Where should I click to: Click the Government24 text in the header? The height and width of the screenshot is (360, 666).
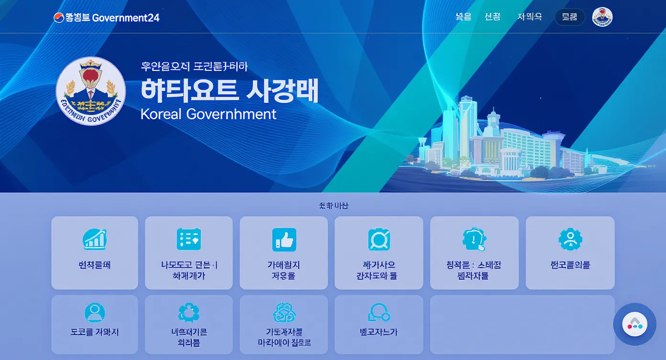[125, 18]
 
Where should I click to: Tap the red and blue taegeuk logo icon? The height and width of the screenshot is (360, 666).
[58, 18]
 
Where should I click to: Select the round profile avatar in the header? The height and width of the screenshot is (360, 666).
[602, 17]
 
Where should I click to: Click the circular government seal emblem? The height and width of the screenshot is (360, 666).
[90, 91]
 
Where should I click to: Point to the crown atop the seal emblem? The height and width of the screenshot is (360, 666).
[90, 64]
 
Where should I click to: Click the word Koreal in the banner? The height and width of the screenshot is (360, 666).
[161, 114]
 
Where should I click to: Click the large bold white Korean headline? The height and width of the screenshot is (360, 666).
[229, 90]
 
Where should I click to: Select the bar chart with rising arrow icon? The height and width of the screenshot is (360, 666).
[95, 239]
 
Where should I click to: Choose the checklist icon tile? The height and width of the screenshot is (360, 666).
[189, 239]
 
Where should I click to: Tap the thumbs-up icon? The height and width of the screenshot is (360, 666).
[284, 239]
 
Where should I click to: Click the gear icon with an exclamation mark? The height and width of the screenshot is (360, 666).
[474, 239]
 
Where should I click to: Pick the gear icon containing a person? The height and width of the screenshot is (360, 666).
[570, 239]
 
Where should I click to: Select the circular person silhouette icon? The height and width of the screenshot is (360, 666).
[94, 312]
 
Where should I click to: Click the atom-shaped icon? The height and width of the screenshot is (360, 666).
[284, 313]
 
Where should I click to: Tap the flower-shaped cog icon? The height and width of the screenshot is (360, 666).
[189, 312]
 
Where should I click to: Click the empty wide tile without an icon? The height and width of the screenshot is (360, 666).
[522, 324]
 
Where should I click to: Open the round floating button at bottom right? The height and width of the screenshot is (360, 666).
[634, 324]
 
